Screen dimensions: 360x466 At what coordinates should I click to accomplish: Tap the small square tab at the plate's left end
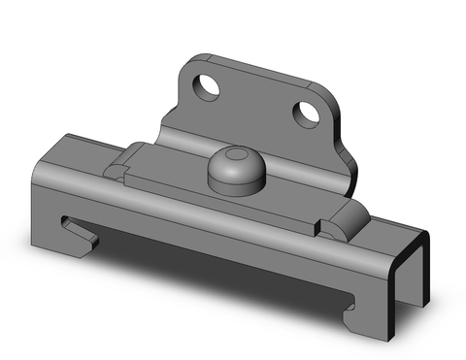pos(116,172)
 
